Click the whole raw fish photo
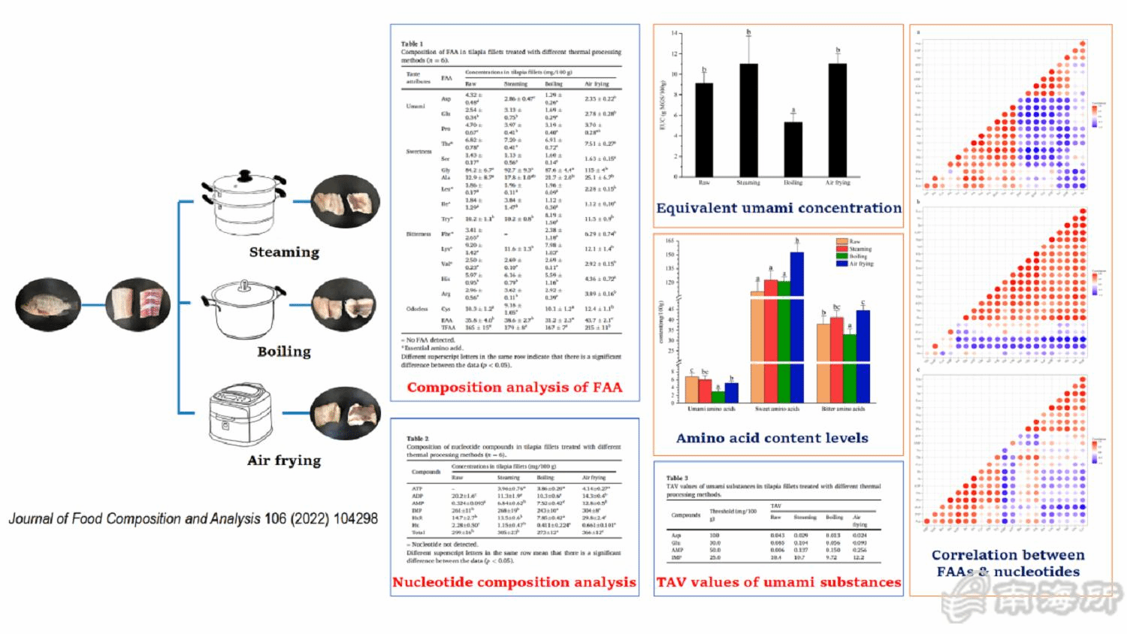pos(48,305)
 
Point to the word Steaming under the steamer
pos(284,252)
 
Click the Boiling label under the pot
pos(284,352)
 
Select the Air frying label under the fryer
pos(284,460)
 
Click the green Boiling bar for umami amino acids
pos(718,397)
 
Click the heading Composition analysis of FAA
pos(515,388)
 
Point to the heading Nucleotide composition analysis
pos(514,582)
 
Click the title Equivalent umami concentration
pos(778,208)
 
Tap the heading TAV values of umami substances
pos(778,582)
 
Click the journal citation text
pos(193,518)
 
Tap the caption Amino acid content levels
pos(772,438)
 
